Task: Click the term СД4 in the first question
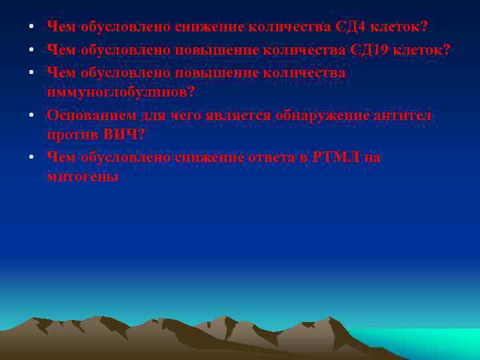[x=351, y=27]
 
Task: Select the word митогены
[x=83, y=177]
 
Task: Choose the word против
[x=72, y=134]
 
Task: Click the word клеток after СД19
[x=418, y=50]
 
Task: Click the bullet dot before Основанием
[x=31, y=116]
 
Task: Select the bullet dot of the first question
[x=31, y=28]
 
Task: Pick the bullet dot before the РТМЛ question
[x=31, y=158]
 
